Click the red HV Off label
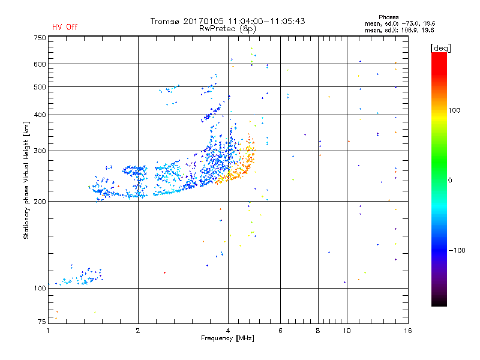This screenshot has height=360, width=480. point(65,27)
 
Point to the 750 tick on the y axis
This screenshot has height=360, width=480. point(40,38)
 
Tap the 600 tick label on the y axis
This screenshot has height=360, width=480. point(40,64)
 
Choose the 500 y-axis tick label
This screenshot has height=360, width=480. point(40,86)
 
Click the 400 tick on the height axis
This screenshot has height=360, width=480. point(40,115)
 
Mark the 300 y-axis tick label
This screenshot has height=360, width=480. point(40,151)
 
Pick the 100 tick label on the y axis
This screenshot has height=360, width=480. point(40,288)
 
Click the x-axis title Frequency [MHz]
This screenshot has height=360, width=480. point(228,339)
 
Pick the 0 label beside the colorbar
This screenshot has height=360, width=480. point(451,180)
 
